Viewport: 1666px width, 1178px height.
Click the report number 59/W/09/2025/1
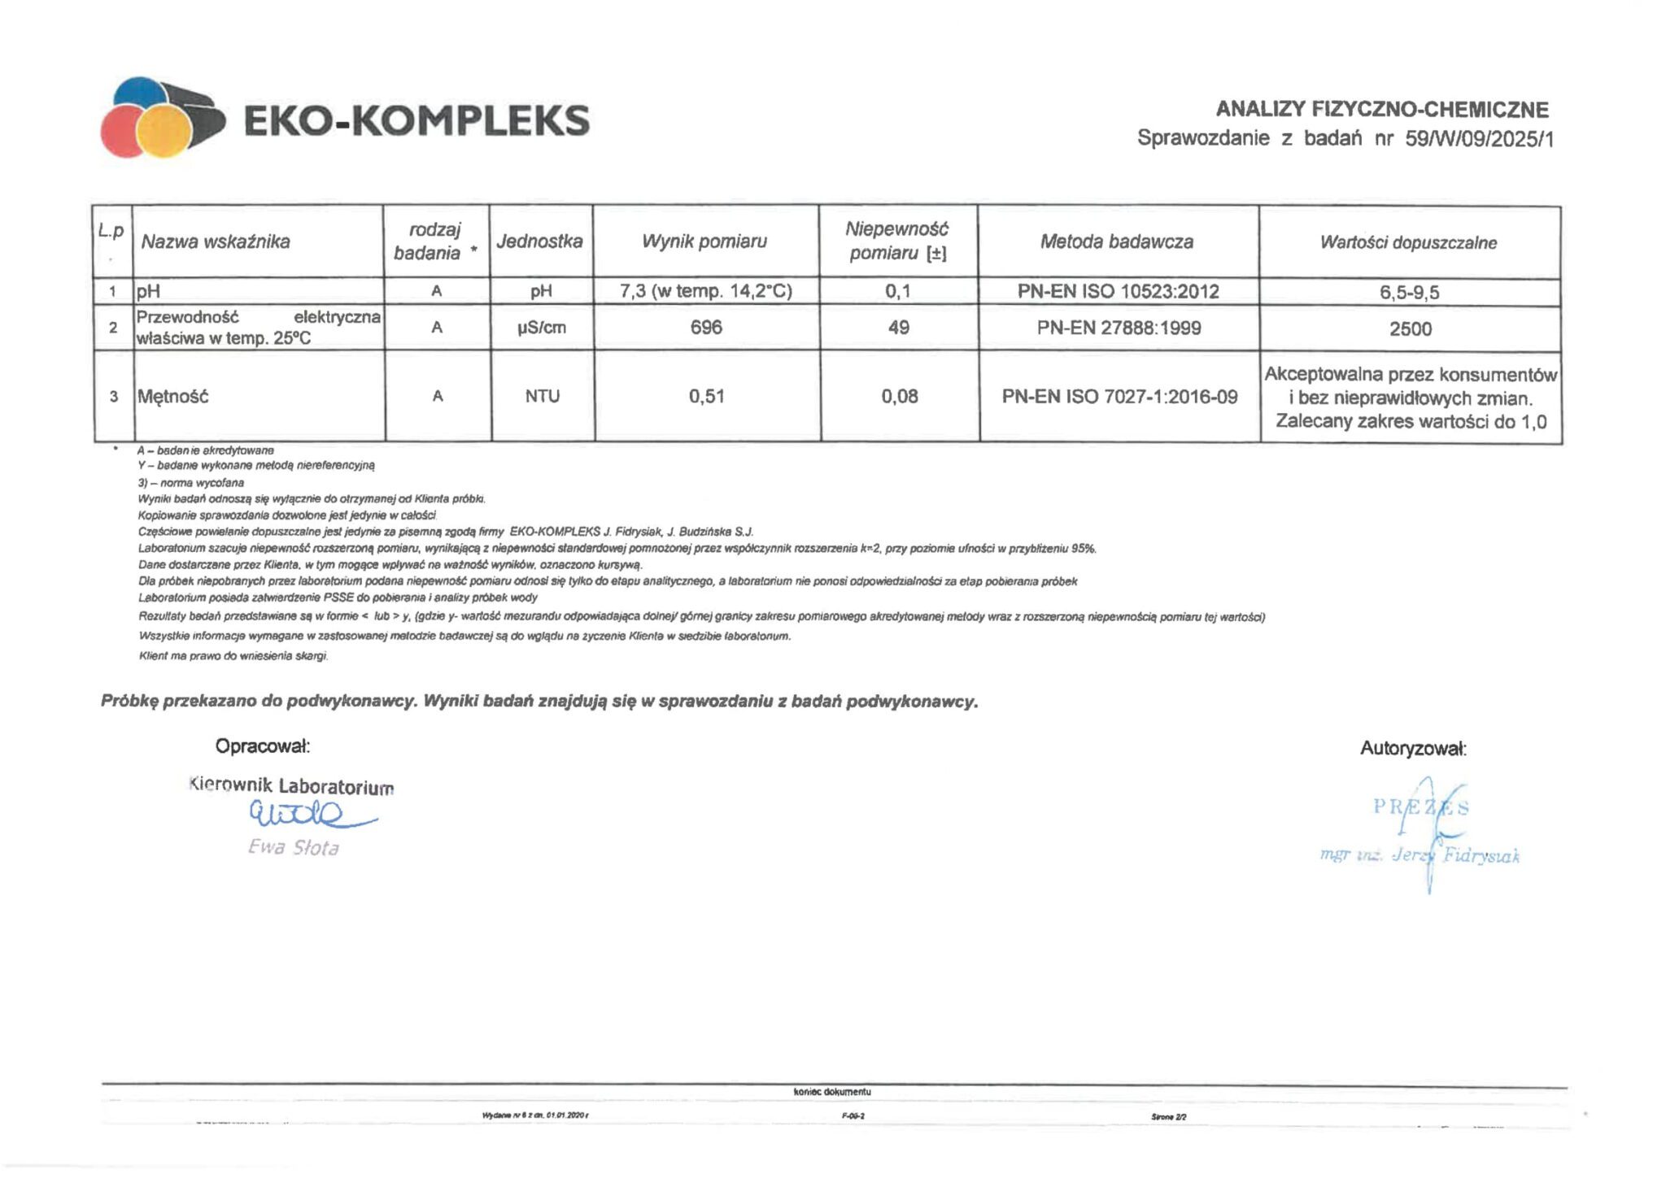(1479, 139)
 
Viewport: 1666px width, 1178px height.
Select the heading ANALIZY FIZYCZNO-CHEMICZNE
(1381, 109)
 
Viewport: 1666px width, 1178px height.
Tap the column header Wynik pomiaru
(704, 241)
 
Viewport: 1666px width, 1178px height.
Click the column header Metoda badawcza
(1117, 241)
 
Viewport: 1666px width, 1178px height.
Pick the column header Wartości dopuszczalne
(1408, 242)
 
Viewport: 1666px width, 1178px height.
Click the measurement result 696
(706, 328)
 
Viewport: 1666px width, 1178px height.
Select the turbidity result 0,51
(706, 396)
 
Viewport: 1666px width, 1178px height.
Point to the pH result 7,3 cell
(705, 291)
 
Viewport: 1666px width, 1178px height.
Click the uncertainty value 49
(899, 328)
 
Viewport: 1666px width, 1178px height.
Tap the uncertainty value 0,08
(900, 396)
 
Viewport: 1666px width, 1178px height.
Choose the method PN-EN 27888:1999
(1119, 328)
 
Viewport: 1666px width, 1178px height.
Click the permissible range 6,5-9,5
(1409, 292)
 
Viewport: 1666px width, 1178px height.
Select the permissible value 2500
(1410, 328)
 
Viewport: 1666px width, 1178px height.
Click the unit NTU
(542, 396)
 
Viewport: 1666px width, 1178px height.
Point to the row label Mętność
(172, 397)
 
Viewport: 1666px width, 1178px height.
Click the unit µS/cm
(542, 328)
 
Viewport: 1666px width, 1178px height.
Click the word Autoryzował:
(1413, 749)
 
